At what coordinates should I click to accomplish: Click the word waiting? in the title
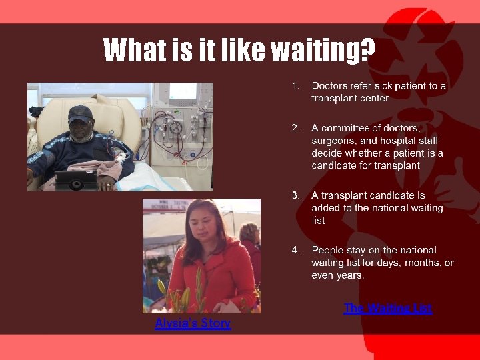[x=321, y=51]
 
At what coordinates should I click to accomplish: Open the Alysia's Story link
[x=193, y=323]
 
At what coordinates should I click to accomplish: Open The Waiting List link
[x=388, y=308]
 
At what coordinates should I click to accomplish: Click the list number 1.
[x=297, y=86]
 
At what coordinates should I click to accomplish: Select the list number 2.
[x=296, y=128]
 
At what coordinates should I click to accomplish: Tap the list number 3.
[x=296, y=195]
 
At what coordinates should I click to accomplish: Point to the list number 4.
[x=296, y=250]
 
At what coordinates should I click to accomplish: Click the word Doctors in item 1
[x=329, y=86]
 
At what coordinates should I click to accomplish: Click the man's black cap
[x=80, y=113]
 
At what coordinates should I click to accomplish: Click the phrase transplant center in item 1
[x=350, y=98]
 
